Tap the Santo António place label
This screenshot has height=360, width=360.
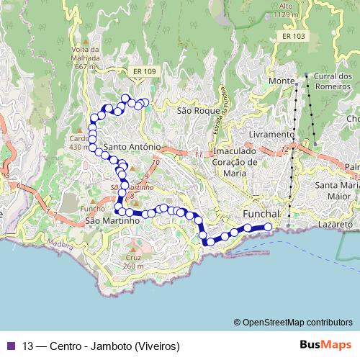click(x=131, y=146)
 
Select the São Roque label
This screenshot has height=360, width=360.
click(x=193, y=112)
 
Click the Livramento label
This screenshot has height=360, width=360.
click(x=271, y=135)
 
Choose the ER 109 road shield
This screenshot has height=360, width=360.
click(x=145, y=71)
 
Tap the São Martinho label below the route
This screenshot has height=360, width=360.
click(x=112, y=221)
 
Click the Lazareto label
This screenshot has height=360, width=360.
click(x=336, y=225)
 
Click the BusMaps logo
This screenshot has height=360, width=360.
click(x=326, y=344)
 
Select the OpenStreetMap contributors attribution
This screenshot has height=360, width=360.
click(x=292, y=323)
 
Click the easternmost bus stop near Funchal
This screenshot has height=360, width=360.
click(x=269, y=227)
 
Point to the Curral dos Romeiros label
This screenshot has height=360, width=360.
click(x=332, y=82)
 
